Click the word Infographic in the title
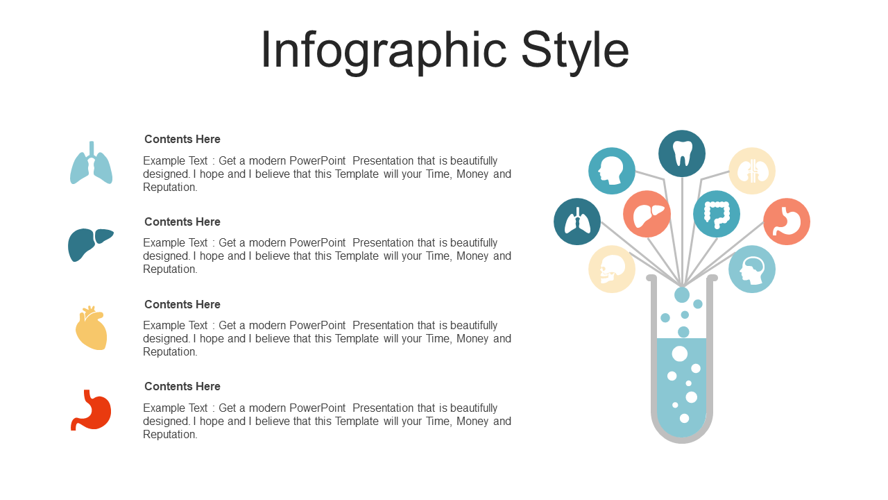(x=384, y=51)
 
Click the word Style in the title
(x=575, y=51)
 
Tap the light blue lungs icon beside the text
(x=91, y=162)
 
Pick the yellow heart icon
(x=92, y=328)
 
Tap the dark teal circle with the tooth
(x=682, y=153)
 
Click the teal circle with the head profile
(x=612, y=171)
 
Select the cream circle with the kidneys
(x=752, y=171)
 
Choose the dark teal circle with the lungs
(x=577, y=222)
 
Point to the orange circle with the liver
(x=647, y=214)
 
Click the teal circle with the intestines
(x=717, y=214)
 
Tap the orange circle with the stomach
(x=787, y=222)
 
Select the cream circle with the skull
(x=612, y=269)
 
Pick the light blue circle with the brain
(x=752, y=269)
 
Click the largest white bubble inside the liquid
(x=679, y=354)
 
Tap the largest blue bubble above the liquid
(x=682, y=295)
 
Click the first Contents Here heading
(x=182, y=140)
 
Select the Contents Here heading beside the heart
(x=182, y=304)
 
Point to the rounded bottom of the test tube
(x=682, y=440)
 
